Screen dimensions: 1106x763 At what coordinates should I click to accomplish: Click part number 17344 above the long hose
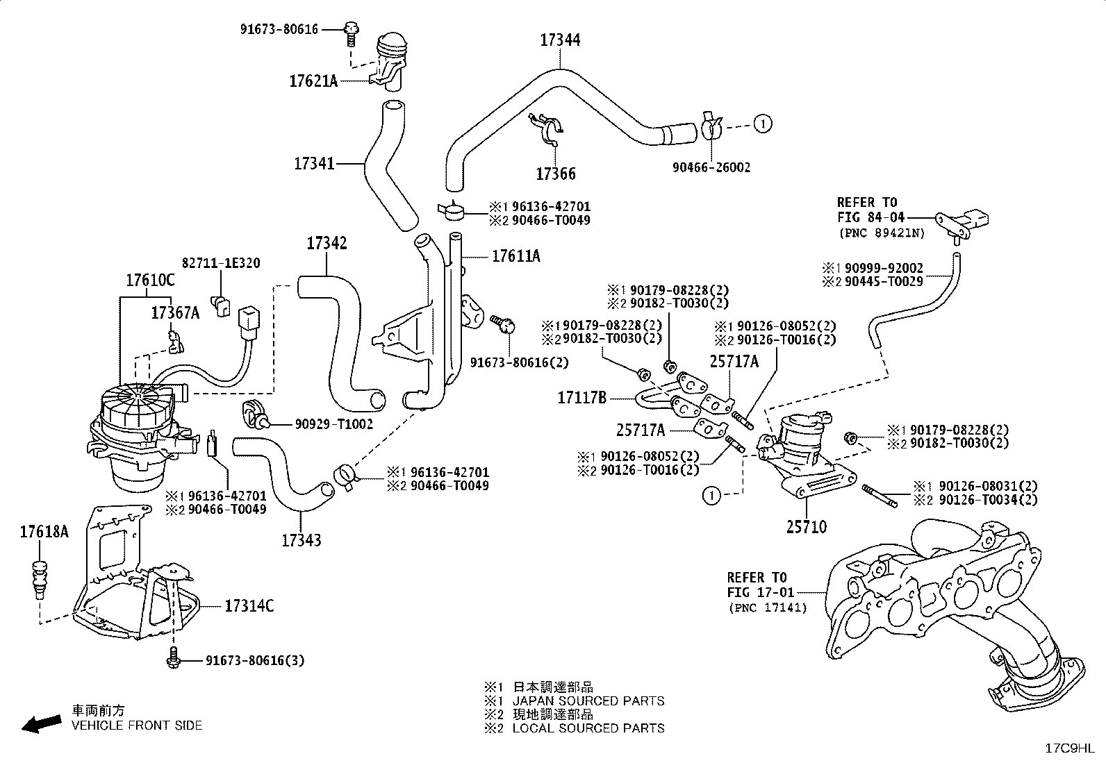(560, 40)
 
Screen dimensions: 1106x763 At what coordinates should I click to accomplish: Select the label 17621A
(313, 81)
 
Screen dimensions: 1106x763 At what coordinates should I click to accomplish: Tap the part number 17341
(314, 163)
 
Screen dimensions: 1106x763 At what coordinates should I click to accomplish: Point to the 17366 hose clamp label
(556, 174)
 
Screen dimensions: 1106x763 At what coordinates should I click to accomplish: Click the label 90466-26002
(711, 167)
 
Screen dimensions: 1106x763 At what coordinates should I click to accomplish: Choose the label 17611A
(516, 256)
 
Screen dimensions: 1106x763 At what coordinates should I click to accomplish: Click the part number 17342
(327, 243)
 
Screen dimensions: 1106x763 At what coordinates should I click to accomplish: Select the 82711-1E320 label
(221, 263)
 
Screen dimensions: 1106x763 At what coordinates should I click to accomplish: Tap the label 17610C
(150, 280)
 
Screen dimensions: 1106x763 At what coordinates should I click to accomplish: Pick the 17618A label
(44, 532)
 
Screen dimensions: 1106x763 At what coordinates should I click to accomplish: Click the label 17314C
(249, 605)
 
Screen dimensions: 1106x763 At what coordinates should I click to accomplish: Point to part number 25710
(807, 527)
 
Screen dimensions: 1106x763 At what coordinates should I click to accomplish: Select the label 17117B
(581, 398)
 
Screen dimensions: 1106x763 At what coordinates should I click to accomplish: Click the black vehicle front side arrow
(42, 724)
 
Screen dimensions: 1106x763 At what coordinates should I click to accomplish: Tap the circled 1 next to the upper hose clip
(763, 124)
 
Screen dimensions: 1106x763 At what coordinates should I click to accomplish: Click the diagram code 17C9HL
(1070, 748)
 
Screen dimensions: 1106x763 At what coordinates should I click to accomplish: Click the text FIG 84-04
(870, 217)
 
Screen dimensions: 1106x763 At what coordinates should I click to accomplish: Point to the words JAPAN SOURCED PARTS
(588, 701)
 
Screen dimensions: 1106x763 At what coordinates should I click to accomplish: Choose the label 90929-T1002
(333, 424)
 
